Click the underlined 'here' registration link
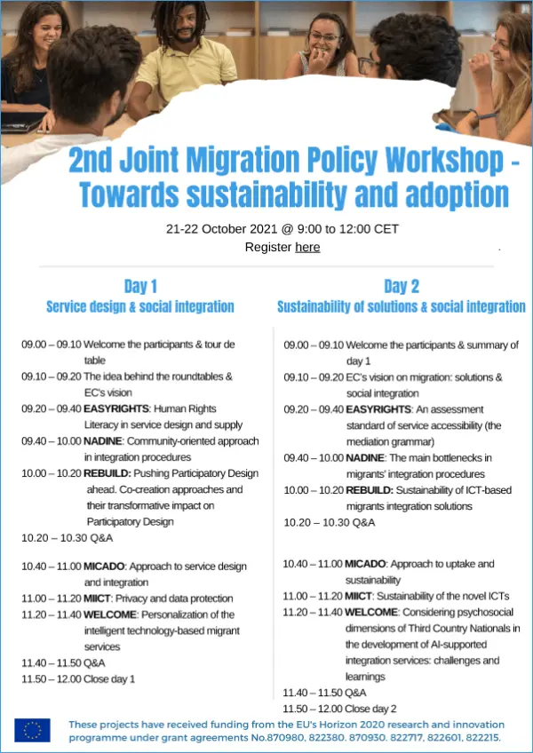tap(307, 247)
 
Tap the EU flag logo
tap(32, 730)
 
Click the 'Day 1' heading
tap(140, 286)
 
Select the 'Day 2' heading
tap(402, 286)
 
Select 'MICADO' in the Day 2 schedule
tap(366, 564)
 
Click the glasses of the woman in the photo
tap(324, 37)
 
